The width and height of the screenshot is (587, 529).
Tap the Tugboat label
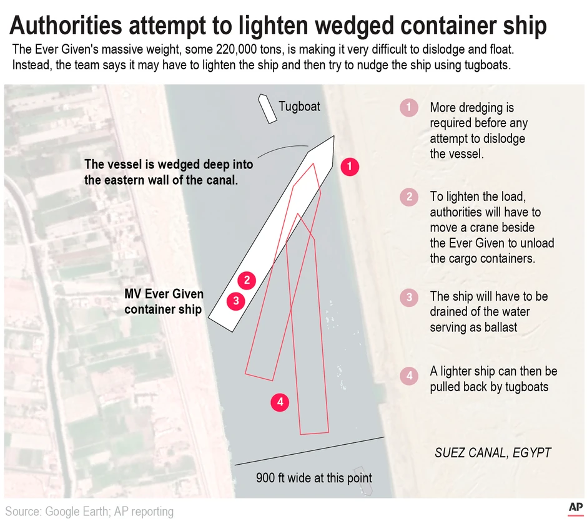click(x=299, y=106)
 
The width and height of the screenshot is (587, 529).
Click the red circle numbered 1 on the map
click(x=350, y=167)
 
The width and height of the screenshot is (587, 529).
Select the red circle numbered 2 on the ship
click(x=247, y=280)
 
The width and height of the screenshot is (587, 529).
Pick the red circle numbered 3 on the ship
click(x=235, y=301)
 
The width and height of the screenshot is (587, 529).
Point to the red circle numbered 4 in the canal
click(x=280, y=402)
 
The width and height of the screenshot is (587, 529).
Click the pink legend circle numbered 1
click(x=408, y=108)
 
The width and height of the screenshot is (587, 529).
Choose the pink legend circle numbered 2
click(x=408, y=198)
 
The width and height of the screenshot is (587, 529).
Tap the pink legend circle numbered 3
click(x=408, y=297)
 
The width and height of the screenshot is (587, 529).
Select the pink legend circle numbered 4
click(x=408, y=376)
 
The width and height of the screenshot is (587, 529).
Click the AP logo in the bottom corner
click(x=575, y=508)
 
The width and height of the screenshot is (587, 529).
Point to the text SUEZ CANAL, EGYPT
click(x=493, y=453)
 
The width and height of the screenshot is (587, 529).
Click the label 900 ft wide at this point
click(x=313, y=478)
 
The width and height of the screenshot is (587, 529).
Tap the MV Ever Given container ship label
click(x=164, y=301)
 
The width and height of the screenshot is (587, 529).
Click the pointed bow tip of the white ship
click(x=333, y=137)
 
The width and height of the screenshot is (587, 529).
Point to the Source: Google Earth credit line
click(x=89, y=512)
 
